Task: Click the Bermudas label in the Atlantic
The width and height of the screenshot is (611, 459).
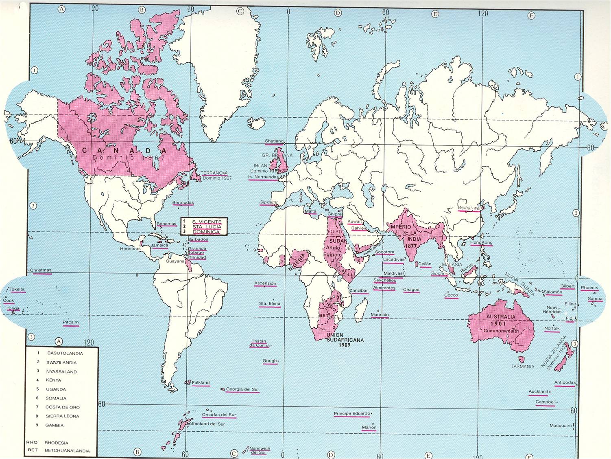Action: coord(183,203)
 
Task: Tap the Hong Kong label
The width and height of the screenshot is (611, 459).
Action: coord(481,243)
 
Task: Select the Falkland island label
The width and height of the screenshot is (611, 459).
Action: coord(201,383)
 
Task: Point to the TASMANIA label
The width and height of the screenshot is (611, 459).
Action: coord(523,367)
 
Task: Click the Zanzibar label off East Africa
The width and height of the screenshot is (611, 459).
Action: coord(358,291)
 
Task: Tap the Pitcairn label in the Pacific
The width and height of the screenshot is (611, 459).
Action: coord(71,322)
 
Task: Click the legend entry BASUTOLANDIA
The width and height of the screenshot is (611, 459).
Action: coord(65,354)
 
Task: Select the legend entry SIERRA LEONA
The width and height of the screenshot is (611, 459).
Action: coord(63,416)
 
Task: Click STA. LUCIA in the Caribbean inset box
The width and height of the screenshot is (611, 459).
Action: coord(207,226)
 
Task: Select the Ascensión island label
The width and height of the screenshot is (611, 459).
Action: coord(265,283)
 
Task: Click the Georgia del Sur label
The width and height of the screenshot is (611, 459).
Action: coord(242,389)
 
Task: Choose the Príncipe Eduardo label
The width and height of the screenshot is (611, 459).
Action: coord(352,414)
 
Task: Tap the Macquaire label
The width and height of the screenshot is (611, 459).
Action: coord(561,426)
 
